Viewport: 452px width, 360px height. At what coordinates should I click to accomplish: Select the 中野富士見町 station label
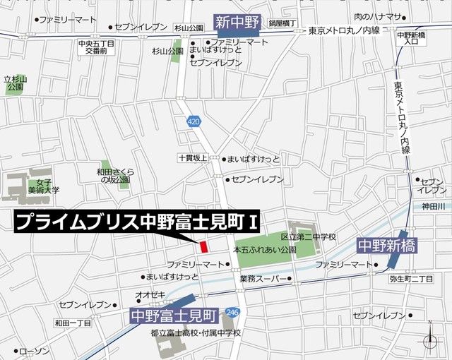tap(174, 312)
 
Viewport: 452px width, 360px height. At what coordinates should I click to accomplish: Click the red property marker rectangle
tap(203, 247)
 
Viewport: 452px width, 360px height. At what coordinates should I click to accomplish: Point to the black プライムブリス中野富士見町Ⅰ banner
tap(138, 222)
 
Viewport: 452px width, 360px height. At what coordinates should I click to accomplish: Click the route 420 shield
tap(194, 121)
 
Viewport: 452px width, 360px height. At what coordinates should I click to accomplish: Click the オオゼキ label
tap(150, 294)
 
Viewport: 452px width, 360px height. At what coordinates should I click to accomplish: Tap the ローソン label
tap(33, 351)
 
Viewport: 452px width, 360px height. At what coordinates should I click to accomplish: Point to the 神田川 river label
tap(432, 206)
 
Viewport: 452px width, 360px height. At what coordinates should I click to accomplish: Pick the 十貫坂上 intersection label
tap(192, 159)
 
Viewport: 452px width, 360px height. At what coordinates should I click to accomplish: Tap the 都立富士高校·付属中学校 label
tap(196, 332)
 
